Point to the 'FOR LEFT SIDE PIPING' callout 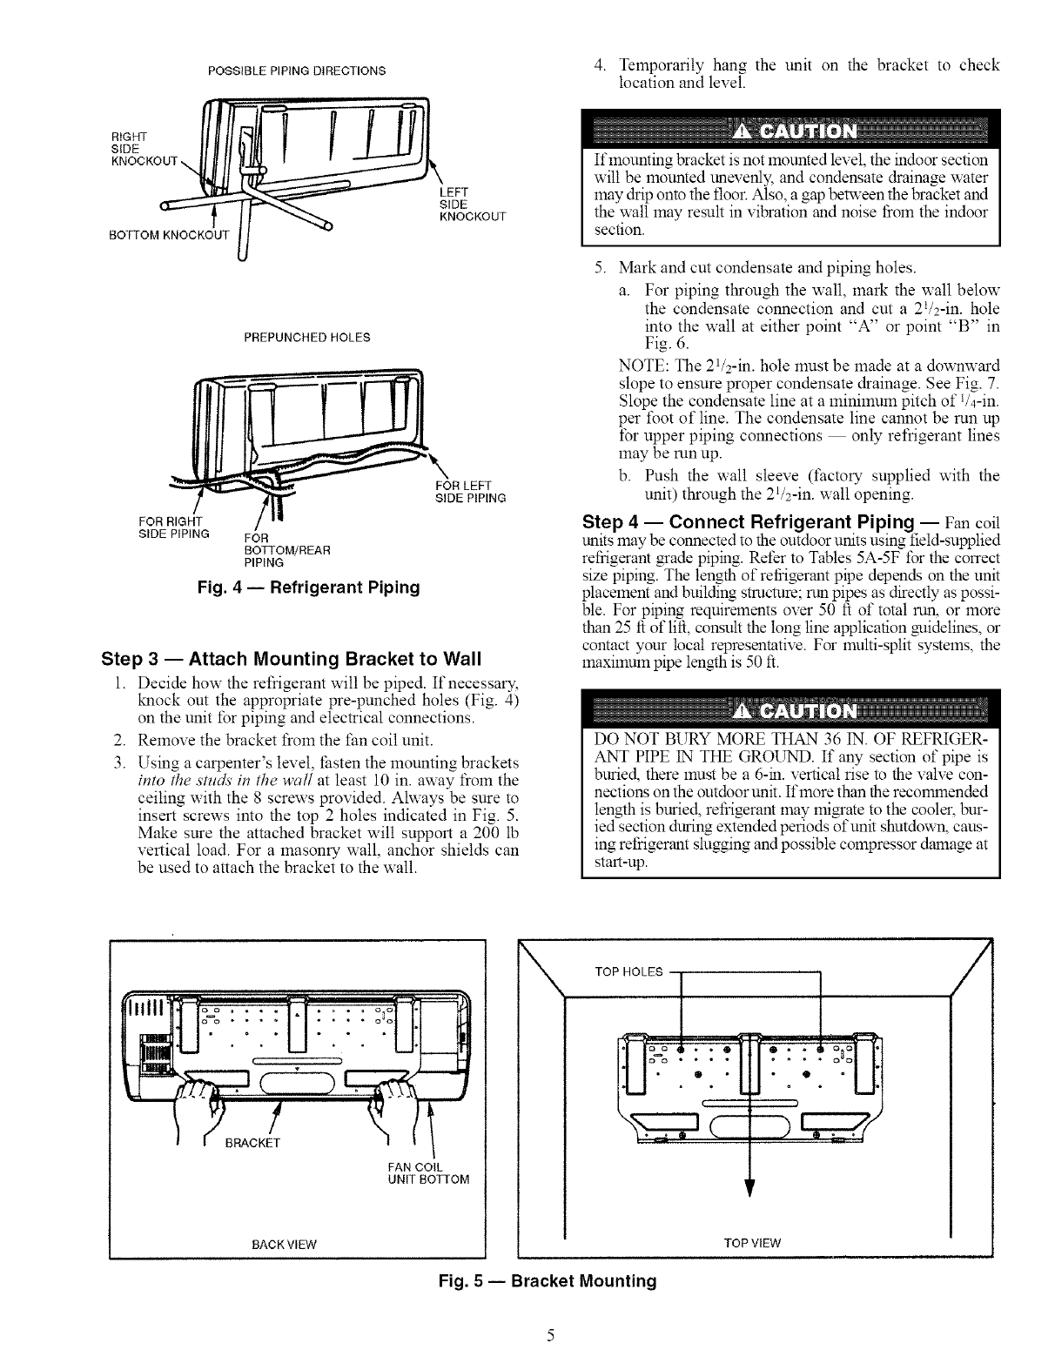coord(471,492)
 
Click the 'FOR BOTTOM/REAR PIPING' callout coord(283,550)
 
